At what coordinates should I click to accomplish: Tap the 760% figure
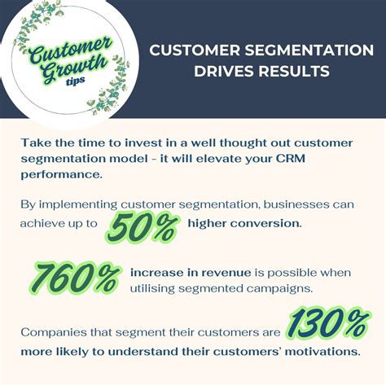(75, 279)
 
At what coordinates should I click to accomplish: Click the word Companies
(56, 332)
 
